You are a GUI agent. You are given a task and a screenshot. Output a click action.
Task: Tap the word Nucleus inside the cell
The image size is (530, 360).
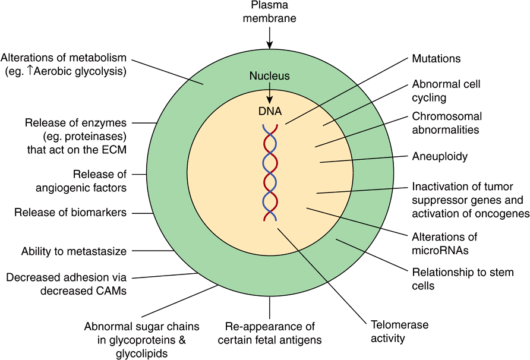(269, 76)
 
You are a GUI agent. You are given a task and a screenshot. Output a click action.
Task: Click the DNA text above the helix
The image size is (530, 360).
(270, 111)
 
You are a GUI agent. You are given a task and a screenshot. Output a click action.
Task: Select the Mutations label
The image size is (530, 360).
(436, 59)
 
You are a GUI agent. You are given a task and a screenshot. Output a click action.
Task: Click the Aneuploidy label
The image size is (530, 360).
(440, 157)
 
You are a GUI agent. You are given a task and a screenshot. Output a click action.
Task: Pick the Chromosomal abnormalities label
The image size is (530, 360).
(447, 122)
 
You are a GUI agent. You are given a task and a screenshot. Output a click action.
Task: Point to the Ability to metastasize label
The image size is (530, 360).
(74, 251)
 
